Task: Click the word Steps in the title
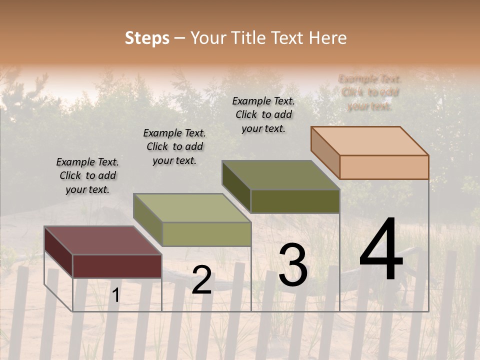pos(147,38)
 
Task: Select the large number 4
pos(381,250)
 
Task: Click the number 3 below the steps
pos(292,265)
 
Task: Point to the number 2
pos(201,280)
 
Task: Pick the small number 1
pos(115,296)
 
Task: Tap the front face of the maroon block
pos(117,266)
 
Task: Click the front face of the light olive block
pos(206,234)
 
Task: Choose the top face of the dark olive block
pos(280,175)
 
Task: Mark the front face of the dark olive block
pos(295,201)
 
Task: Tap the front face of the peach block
pos(384,167)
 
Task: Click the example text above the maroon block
pos(87,175)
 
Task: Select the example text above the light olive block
pos(174,146)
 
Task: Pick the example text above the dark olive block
pos(263,114)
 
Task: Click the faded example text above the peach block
pos(370,92)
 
